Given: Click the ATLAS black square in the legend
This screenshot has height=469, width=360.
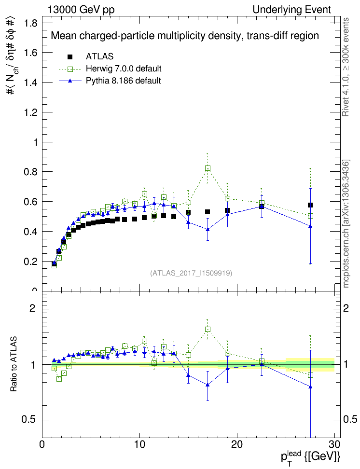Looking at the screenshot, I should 70,56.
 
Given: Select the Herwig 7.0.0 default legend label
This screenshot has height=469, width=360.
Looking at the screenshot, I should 124,68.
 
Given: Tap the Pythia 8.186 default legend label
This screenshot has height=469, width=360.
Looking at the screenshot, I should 123,80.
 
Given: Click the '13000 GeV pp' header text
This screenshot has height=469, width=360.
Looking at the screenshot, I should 81,10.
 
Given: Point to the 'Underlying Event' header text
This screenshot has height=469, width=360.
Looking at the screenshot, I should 291,10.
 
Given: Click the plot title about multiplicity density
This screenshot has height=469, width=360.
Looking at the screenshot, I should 185,36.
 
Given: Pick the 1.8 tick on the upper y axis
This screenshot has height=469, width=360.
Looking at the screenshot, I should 30,23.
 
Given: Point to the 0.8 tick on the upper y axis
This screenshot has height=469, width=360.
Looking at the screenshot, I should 30,172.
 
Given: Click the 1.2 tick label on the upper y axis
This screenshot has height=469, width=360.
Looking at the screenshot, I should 30,112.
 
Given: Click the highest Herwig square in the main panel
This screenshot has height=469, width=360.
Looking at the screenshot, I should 208,168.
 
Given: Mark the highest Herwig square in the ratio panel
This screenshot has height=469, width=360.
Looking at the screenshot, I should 208,330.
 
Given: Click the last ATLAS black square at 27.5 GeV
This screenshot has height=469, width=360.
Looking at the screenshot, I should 310,205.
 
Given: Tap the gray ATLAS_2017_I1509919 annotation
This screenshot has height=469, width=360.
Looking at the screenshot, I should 192,273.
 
